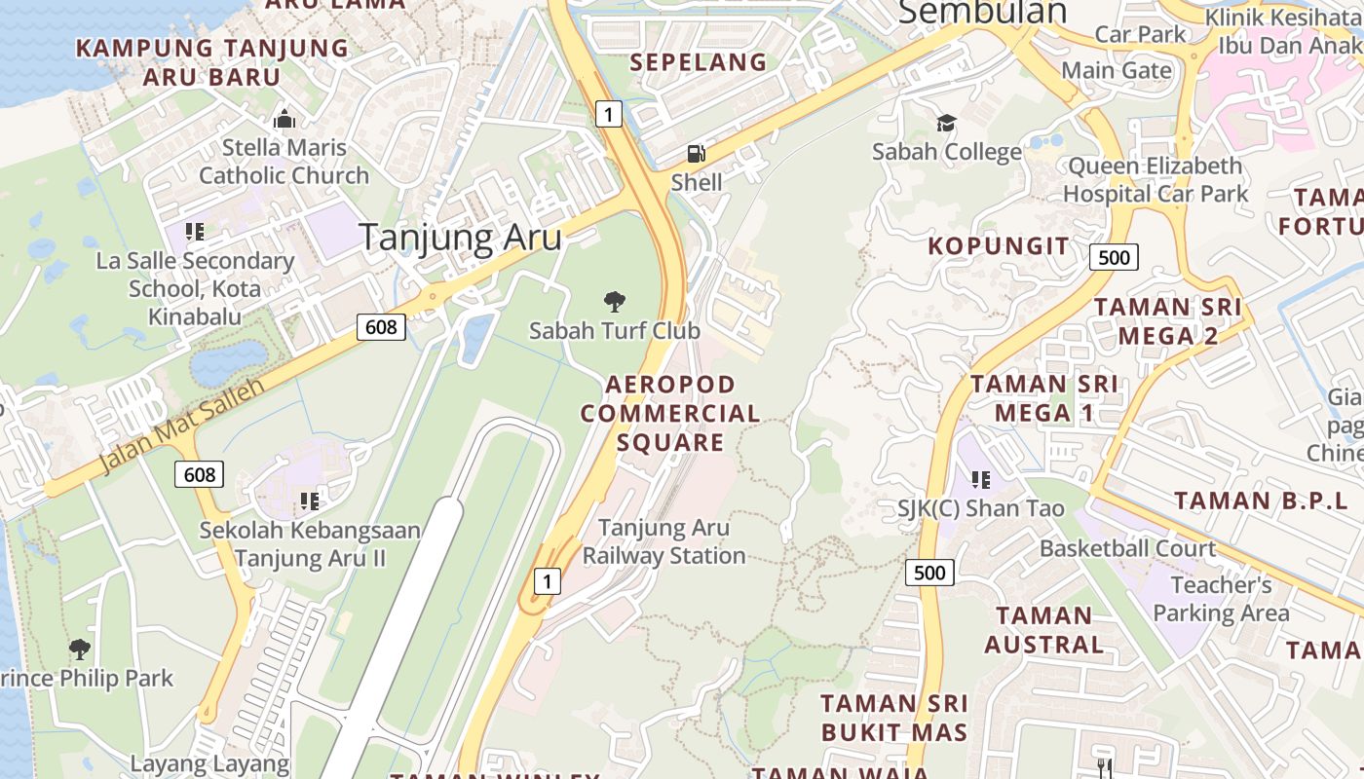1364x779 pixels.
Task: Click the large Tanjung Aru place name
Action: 460,238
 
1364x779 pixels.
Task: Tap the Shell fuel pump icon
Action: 697,153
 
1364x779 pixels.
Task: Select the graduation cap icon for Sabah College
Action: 946,123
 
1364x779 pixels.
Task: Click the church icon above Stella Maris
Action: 284,119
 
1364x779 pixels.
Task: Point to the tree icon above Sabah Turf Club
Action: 615,301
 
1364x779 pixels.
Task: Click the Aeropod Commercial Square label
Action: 670,413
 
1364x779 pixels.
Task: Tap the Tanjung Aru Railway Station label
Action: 664,541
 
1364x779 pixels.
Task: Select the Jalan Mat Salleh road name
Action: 182,425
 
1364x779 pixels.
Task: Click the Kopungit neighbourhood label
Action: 998,245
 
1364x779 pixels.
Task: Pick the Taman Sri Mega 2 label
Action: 1167,321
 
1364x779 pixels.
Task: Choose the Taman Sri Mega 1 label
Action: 1044,398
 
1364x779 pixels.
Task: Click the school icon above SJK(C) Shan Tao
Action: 981,479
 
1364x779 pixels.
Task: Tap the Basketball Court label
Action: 1127,548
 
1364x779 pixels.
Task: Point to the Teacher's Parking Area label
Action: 1221,599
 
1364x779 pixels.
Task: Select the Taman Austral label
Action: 1043,630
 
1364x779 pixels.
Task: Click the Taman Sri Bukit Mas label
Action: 893,718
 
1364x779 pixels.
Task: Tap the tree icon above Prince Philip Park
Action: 80,649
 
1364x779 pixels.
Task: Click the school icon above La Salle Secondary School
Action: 195,232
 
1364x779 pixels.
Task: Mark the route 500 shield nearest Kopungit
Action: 1114,257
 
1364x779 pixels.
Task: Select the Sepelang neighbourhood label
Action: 698,62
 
